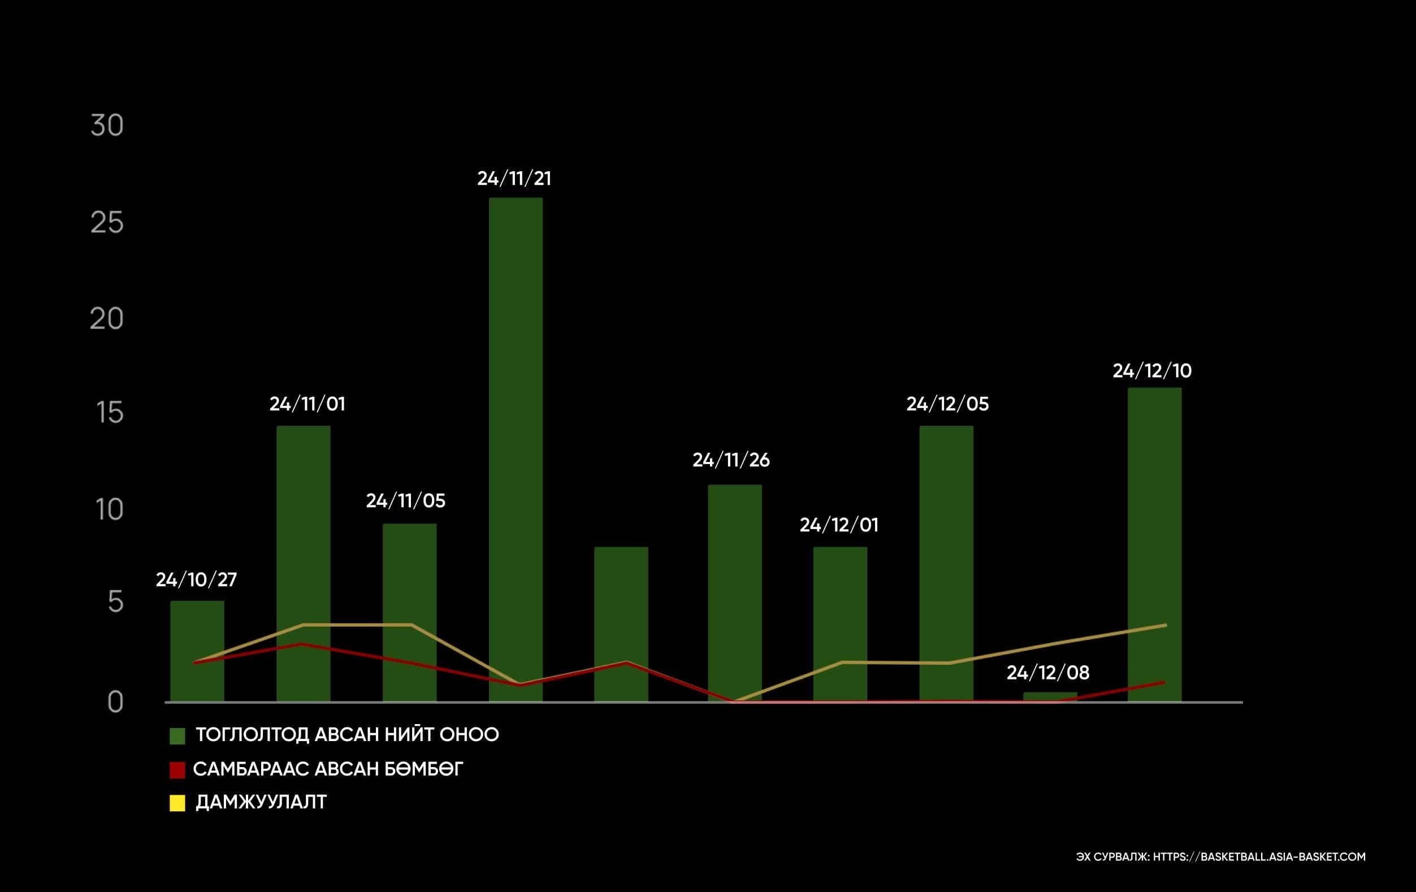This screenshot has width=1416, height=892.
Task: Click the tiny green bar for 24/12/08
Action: coord(1050,697)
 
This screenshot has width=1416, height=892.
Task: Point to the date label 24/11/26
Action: coord(731,460)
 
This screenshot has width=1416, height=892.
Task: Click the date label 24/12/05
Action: coord(947,404)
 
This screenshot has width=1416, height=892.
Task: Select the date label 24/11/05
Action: coord(406,501)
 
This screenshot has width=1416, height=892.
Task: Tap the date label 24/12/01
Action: coord(839,525)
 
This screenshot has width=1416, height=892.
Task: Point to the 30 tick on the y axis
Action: coord(107,125)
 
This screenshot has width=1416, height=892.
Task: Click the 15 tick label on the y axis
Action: coord(109,413)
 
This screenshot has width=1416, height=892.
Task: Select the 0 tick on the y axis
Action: coord(115,702)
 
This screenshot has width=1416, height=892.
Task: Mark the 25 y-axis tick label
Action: coord(107,223)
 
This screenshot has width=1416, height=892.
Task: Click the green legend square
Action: coord(177,735)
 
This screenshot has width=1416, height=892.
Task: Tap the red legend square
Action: coord(177,770)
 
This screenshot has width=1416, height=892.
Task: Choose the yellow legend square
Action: coord(177,803)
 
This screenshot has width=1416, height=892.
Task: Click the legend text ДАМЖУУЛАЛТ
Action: coord(261,802)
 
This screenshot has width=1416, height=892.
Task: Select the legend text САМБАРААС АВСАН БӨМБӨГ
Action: coord(328,769)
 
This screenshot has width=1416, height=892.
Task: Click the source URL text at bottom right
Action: coord(1221,857)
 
